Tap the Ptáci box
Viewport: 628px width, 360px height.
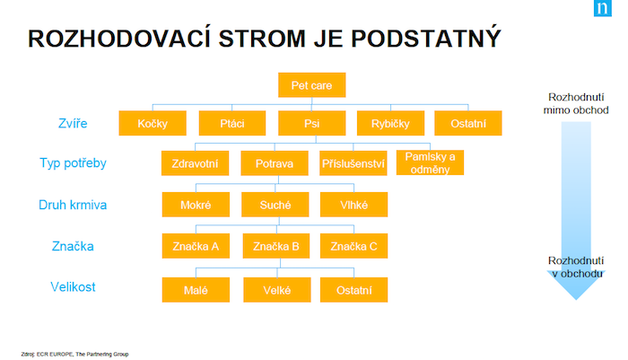point(231,123)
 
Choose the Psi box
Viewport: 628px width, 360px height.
point(311,123)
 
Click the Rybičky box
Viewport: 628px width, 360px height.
point(390,123)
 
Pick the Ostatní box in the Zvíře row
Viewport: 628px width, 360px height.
point(467,123)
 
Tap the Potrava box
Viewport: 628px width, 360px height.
point(275,163)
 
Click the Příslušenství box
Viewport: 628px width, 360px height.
point(353,163)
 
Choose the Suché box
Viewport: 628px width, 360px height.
point(275,205)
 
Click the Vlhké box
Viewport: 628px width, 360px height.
point(353,205)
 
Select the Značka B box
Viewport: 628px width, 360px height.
point(275,246)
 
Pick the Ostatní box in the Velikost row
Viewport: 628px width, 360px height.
point(353,289)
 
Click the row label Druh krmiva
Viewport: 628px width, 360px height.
point(73,205)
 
